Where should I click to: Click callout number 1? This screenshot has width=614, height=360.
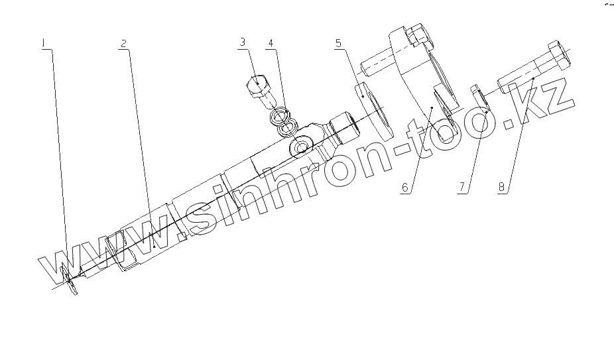tap(44, 43)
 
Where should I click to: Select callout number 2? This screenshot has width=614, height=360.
tap(123, 43)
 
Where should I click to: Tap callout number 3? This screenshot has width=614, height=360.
tap(243, 42)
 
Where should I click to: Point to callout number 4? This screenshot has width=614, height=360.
tap(271, 43)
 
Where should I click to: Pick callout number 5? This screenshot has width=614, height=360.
tap(338, 43)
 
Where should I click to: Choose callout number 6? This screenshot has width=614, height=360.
tap(404, 188)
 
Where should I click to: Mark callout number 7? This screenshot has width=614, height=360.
tap(462, 188)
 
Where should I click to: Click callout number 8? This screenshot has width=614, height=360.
tap(502, 188)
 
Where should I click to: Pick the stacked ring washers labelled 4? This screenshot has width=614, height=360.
tap(282, 120)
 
